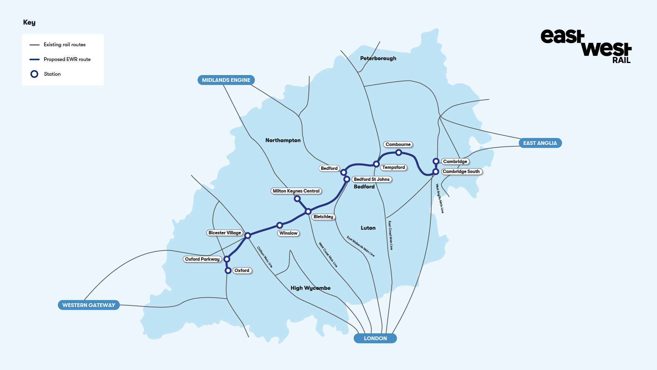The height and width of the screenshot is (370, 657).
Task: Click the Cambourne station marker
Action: point(399,152)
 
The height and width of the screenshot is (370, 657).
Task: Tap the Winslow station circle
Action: point(280,225)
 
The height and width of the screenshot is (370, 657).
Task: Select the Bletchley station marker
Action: point(308,211)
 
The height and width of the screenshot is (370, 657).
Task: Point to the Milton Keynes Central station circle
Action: point(297,199)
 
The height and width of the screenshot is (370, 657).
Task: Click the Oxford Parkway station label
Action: point(202,259)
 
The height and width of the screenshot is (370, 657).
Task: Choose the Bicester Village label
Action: point(225,233)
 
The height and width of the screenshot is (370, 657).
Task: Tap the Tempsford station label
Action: point(394,168)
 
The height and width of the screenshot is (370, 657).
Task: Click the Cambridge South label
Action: point(461,172)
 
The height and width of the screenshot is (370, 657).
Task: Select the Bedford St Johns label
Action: point(372,180)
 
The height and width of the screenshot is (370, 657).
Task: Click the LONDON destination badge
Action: point(375,338)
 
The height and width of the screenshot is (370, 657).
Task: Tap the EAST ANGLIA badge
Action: point(540,143)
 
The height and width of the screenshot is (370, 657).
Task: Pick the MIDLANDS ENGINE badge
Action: point(226,80)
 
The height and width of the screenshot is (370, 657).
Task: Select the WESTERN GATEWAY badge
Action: point(89,305)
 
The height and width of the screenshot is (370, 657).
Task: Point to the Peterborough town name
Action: point(378,59)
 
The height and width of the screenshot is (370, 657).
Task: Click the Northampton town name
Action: point(283,140)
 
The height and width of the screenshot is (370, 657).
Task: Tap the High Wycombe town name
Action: point(310,288)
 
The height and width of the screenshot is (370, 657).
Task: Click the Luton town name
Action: point(368,228)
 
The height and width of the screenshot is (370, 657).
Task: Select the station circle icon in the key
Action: point(34,74)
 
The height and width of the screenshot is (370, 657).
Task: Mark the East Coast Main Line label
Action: point(390,235)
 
